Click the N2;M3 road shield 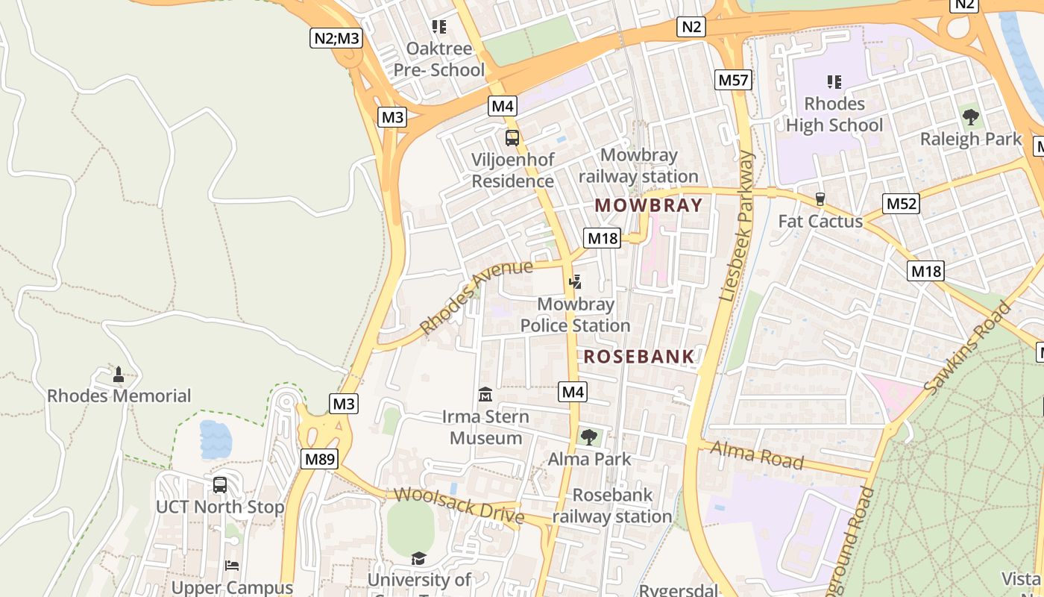point(336,37)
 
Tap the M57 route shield point(732,80)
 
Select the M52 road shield point(902,204)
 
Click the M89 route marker point(319,459)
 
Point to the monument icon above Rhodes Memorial point(118,374)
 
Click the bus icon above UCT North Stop point(220,485)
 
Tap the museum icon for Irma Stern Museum point(485,393)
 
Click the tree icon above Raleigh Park point(970,116)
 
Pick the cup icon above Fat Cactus point(820,199)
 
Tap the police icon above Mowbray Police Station point(575,282)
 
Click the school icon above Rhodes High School point(834,81)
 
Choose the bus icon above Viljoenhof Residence point(512,137)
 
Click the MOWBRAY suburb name point(649,205)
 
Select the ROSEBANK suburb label point(639,356)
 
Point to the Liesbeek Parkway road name point(738,226)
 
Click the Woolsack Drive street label point(459,505)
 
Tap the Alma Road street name point(756,454)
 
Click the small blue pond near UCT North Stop point(216,440)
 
